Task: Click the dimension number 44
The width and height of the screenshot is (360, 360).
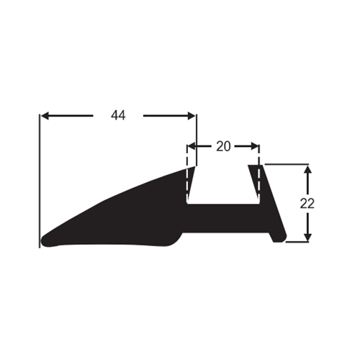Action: pyautogui.click(x=118, y=115)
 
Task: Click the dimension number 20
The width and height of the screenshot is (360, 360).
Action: pyautogui.click(x=223, y=146)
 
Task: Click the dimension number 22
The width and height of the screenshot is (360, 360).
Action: pyautogui.click(x=307, y=204)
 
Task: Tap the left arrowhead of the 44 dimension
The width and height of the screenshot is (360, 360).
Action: pyautogui.click(x=45, y=116)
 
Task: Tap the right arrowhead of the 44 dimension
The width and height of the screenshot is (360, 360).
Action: pyautogui.click(x=192, y=116)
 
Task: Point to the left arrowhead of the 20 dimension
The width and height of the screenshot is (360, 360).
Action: pyautogui.click(x=191, y=146)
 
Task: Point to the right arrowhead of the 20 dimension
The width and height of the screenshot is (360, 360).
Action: pyautogui.click(x=255, y=146)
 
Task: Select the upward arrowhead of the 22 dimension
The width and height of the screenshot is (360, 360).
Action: pyautogui.click(x=308, y=169)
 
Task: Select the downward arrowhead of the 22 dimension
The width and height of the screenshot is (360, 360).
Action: pyautogui.click(x=308, y=237)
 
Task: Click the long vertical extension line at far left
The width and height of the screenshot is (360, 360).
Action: pyautogui.click(x=39, y=181)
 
